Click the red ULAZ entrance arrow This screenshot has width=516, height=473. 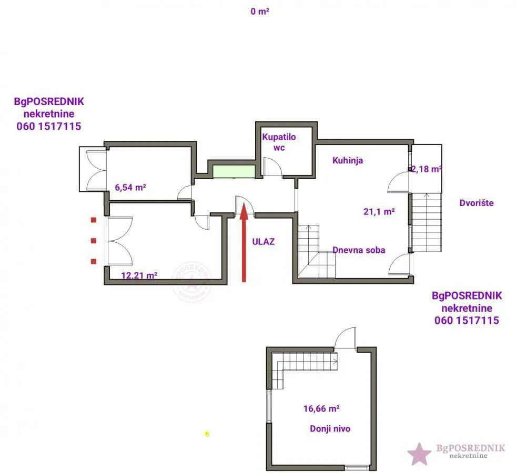[244, 243]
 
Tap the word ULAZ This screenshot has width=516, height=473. [264, 242]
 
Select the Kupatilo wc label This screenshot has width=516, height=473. [279, 142]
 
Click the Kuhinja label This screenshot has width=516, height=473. [348, 160]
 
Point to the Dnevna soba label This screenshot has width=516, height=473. [359, 250]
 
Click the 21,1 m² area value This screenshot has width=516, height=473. [379, 211]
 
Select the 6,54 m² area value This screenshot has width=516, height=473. [130, 187]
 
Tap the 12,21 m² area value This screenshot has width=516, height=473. [139, 275]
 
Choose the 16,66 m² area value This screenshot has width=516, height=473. [321, 408]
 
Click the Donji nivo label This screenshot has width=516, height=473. [330, 429]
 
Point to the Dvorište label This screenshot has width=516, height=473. [477, 203]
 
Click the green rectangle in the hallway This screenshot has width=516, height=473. [234, 171]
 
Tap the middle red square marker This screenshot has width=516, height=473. [94, 241]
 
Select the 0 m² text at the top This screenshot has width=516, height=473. [260, 12]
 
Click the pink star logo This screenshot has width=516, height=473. [419, 454]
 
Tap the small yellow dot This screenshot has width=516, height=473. [207, 434]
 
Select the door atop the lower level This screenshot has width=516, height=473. [345, 337]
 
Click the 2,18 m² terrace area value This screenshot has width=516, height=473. [426, 169]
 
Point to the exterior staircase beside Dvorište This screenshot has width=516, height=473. [427, 222]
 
